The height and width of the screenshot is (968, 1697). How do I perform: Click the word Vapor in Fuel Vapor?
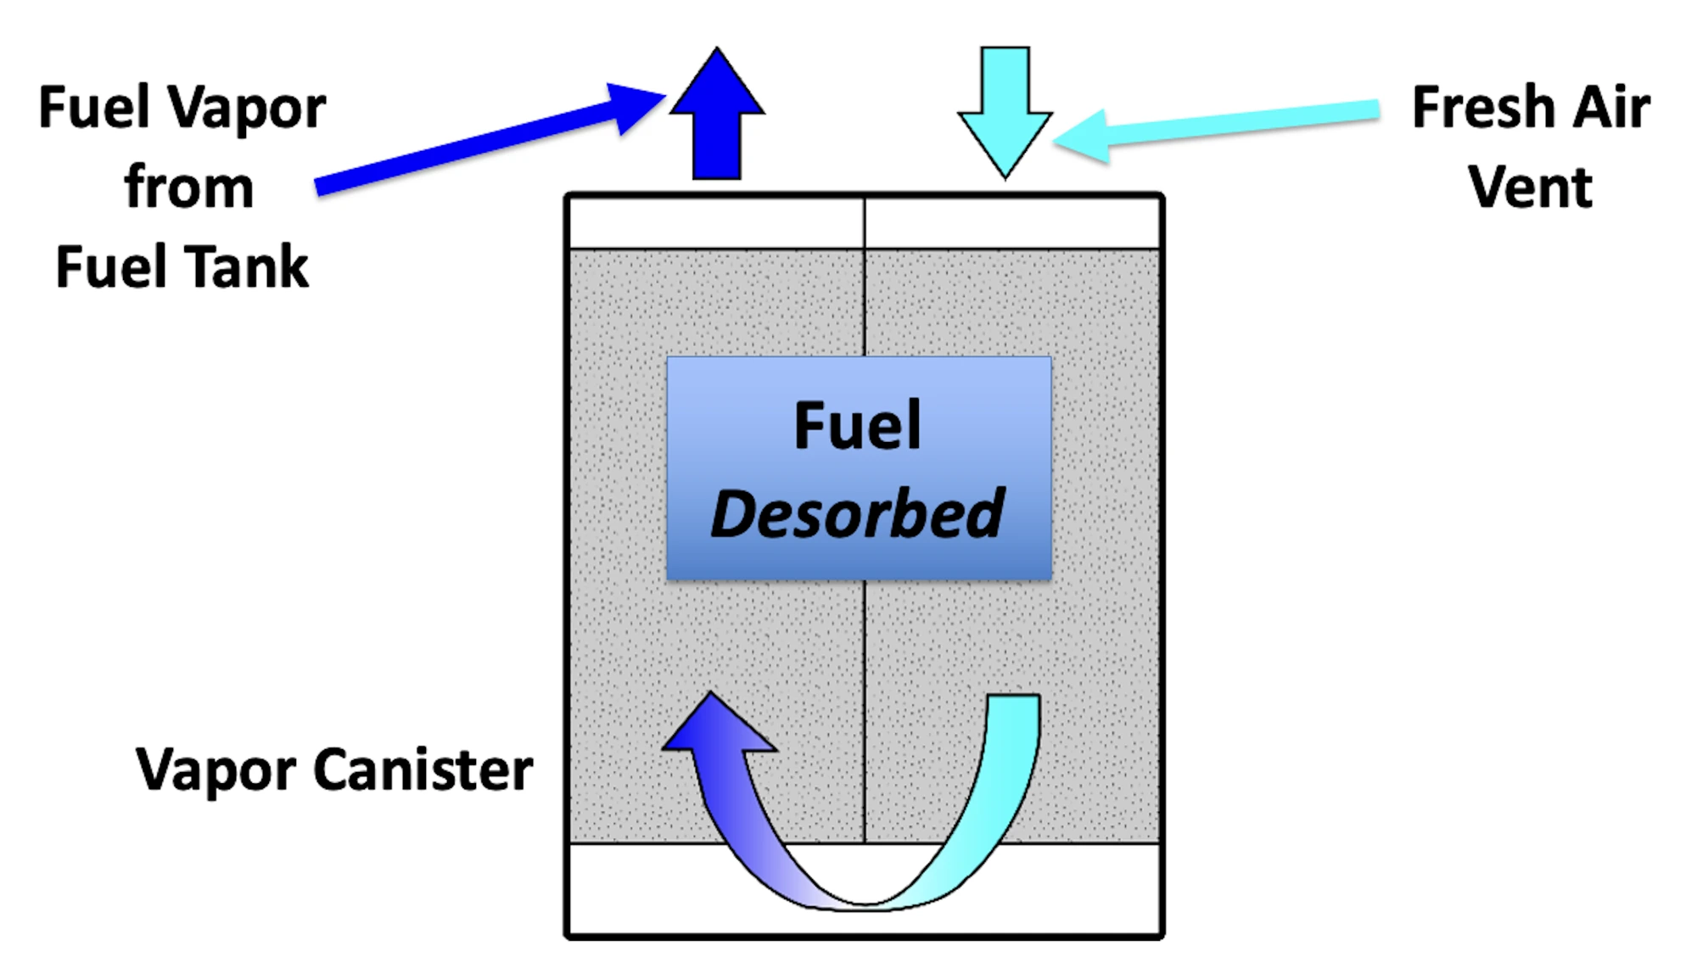coord(246,109)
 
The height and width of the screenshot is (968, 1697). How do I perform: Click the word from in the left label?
coord(189,188)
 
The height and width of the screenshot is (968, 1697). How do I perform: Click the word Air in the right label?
coord(1611,109)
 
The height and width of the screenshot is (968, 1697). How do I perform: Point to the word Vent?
coord(1530,187)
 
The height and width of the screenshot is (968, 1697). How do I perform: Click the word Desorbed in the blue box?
coord(858,515)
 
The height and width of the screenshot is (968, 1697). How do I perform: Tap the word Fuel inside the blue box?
coord(857,426)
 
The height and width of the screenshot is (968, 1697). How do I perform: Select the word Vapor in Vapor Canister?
coord(214,770)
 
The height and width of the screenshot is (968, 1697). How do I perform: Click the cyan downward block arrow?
coord(1005,111)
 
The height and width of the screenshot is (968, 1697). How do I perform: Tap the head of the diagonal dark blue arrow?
coord(636,105)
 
